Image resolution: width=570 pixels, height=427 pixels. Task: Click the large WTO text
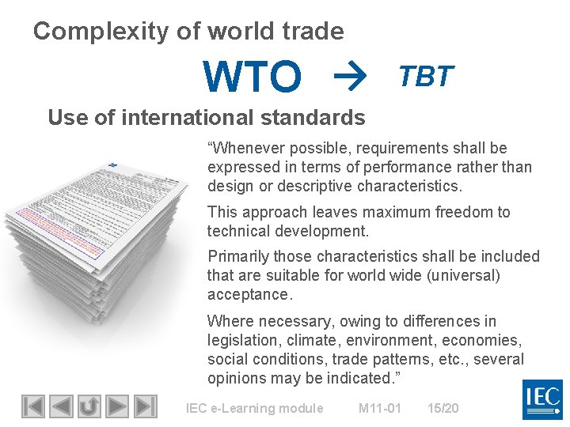point(253,77)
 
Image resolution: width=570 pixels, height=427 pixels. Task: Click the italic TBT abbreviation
point(426,76)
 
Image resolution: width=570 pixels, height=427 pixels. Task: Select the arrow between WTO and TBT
point(346,77)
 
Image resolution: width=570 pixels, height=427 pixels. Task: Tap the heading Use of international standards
point(206,118)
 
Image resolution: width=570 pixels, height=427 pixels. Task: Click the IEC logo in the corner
point(542,399)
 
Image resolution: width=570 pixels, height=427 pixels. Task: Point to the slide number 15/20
point(443,408)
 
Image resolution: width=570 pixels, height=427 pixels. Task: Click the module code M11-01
point(379,408)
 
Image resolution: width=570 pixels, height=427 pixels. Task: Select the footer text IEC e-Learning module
point(254,408)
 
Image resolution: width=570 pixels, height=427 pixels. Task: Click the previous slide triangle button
point(61,406)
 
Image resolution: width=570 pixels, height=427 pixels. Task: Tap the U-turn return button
point(89,406)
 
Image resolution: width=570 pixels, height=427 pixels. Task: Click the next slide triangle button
point(117,406)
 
